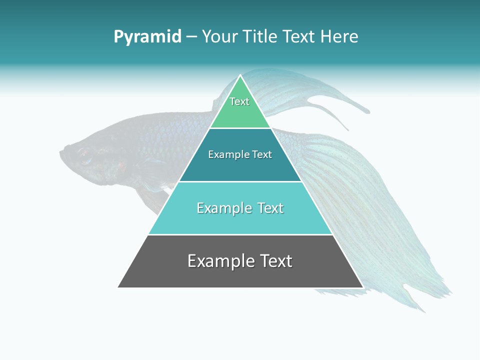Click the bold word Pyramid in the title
coord(147,37)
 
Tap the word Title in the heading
coord(258,37)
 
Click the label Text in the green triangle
coord(239,101)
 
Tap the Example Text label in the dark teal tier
coord(240,154)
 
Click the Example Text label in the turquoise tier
coord(240,208)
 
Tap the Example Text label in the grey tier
coord(240,261)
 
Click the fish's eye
coord(83,154)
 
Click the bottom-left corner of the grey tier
coord(118,287)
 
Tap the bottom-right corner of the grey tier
coord(362,287)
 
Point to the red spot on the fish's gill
coord(120,165)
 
